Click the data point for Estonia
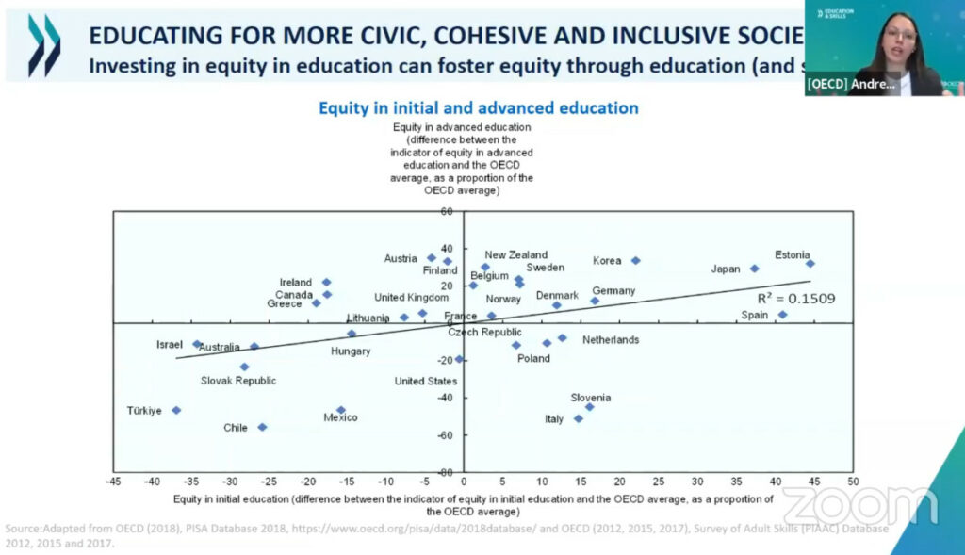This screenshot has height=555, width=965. click(810, 264)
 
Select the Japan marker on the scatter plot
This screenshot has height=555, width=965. click(754, 269)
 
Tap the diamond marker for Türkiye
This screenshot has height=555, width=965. click(176, 410)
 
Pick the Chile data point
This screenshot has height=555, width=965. click(262, 427)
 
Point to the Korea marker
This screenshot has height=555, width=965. click(635, 260)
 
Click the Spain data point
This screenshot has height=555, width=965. click(782, 315)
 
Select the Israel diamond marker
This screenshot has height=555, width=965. click(197, 344)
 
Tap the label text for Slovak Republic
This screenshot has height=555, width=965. click(238, 381)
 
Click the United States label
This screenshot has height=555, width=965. click(425, 381)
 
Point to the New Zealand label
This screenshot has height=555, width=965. click(515, 254)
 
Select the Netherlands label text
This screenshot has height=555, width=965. click(610, 339)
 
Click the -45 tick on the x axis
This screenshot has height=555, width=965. click(112, 482)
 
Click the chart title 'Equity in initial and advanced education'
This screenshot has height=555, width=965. click(478, 107)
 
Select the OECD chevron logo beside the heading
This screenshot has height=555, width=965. click(44, 45)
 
